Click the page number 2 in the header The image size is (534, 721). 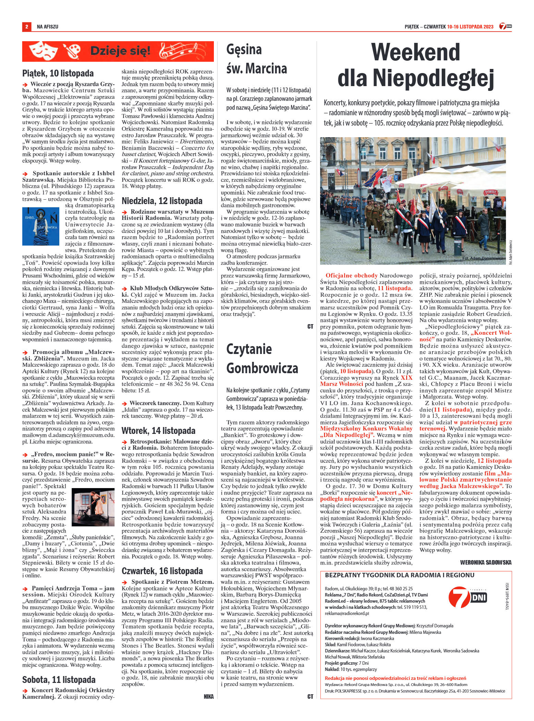(x=26, y=27)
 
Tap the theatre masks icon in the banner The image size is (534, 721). (x=43, y=51)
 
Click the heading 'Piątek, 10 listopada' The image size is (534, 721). (x=58, y=73)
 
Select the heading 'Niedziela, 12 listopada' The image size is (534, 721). (x=162, y=200)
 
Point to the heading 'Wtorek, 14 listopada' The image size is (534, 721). (x=158, y=430)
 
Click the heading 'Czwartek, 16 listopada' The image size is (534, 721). (x=162, y=571)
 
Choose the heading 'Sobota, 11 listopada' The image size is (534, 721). (x=59, y=660)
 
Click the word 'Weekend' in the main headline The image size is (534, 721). (x=416, y=53)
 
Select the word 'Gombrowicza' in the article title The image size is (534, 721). (x=262, y=369)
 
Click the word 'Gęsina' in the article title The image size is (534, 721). (x=244, y=49)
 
